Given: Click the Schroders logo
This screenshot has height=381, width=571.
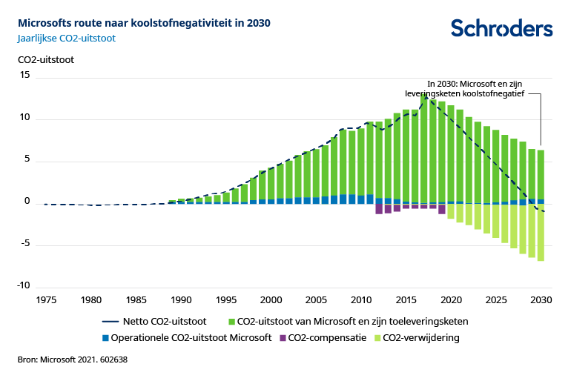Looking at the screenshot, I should click(501, 28).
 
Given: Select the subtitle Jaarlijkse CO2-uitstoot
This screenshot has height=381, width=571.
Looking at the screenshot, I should click(66, 38).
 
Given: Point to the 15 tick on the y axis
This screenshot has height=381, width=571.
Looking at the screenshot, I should click(24, 76).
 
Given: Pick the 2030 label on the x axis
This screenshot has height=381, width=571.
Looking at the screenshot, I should click(541, 300).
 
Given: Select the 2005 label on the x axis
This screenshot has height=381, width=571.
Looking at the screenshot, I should click(316, 300).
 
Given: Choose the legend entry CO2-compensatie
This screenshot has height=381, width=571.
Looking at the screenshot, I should click(322, 338).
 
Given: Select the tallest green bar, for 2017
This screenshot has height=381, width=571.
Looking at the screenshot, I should click(424, 148).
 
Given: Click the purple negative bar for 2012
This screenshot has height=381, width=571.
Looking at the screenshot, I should click(379, 209).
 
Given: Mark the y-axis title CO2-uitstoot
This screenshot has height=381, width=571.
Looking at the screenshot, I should click(45, 59).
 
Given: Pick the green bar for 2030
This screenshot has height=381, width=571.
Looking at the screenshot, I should click(541, 175).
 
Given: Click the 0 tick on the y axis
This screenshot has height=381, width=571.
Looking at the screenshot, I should click(27, 202).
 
